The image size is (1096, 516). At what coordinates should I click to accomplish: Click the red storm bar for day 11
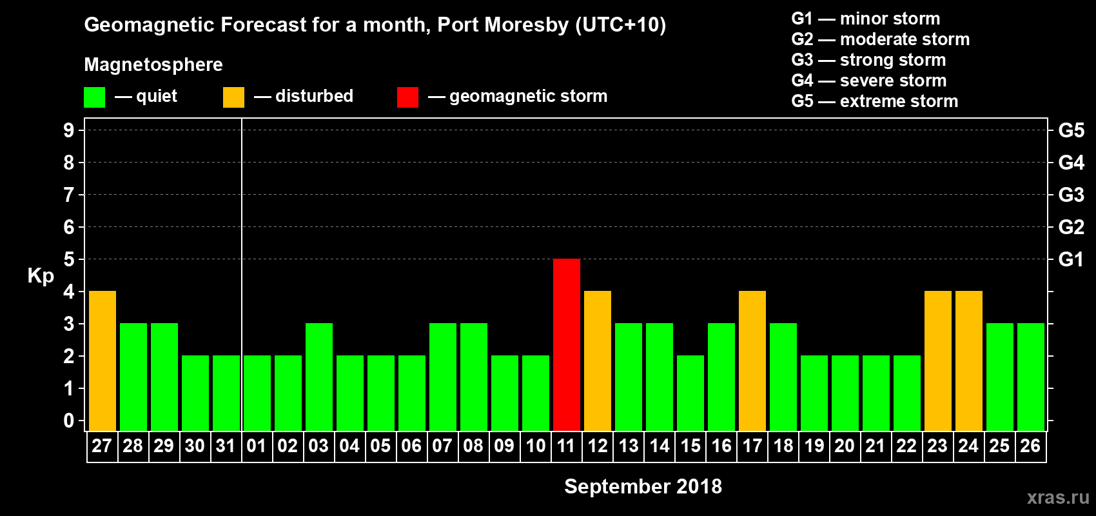[567, 344]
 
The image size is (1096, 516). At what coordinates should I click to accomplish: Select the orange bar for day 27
[103, 361]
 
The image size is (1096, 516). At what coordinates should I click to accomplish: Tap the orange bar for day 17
[752, 361]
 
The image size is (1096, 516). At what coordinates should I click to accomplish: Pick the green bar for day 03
[319, 377]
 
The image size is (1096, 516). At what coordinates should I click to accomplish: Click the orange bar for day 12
[598, 361]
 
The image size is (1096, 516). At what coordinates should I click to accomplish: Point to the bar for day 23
[938, 361]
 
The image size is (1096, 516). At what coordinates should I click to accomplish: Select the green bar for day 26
[1031, 377]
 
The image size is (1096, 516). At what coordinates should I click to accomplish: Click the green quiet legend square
[95, 97]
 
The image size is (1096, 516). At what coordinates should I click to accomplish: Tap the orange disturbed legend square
[233, 97]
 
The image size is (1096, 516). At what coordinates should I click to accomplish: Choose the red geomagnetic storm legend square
[407, 97]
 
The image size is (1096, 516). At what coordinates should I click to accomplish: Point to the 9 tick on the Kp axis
[69, 130]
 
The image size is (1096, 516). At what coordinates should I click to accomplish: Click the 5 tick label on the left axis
[69, 259]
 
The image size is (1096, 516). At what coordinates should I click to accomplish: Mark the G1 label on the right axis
[1071, 259]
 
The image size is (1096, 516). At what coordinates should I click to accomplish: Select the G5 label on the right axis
[1071, 130]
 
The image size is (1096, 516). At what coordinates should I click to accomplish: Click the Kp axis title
[41, 275]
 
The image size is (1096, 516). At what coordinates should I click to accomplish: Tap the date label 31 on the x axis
[226, 446]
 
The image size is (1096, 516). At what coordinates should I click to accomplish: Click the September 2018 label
[643, 486]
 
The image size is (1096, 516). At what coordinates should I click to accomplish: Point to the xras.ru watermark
[1058, 497]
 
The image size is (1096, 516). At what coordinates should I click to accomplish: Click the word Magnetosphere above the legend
[153, 64]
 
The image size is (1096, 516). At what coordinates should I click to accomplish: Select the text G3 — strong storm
[868, 60]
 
